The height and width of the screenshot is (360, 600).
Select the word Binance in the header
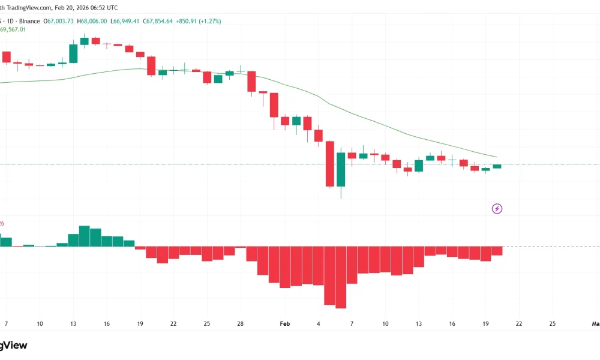click(x=31, y=21)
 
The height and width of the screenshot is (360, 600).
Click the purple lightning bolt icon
click(x=497, y=209)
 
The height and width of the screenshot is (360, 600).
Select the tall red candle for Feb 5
click(x=329, y=164)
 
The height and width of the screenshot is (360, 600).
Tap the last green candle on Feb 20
click(x=497, y=166)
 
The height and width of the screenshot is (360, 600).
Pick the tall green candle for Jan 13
click(x=73, y=53)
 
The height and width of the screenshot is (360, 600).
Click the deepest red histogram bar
click(x=341, y=277)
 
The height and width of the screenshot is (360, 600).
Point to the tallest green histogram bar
click(x=84, y=236)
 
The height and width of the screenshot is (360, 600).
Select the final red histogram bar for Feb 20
click(x=497, y=251)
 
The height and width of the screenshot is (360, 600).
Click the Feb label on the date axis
click(x=285, y=323)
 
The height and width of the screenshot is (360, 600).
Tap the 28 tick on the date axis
click(x=240, y=323)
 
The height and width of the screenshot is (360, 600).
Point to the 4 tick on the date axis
click(x=319, y=323)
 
